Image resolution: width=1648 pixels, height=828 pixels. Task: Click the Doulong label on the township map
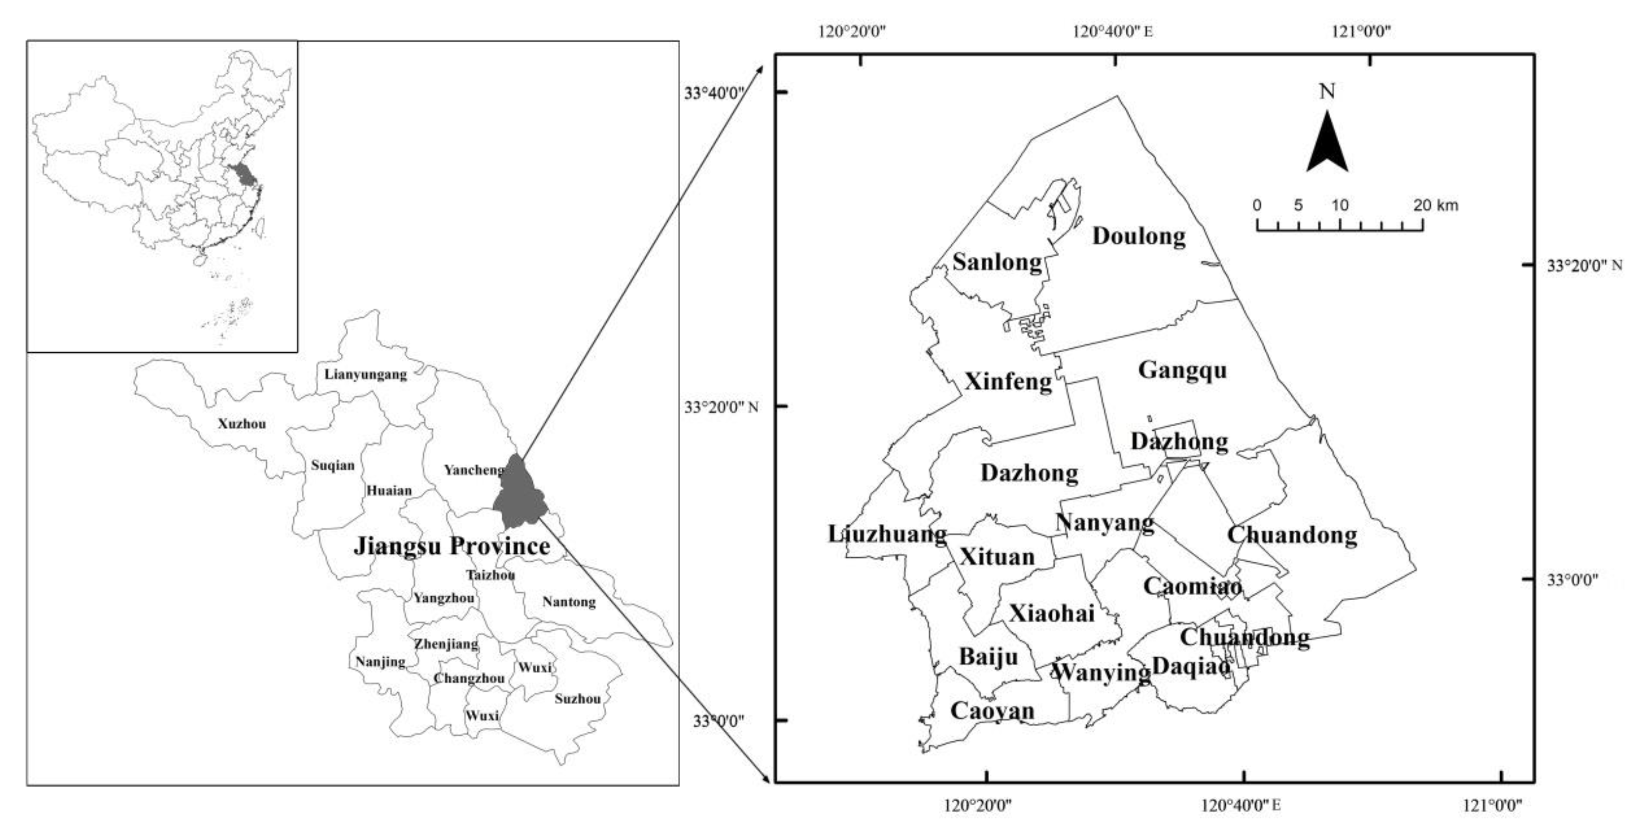1138,236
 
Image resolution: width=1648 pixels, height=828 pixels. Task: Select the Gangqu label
1182,370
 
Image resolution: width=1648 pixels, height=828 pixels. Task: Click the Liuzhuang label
887,534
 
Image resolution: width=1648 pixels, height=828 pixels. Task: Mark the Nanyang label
1105,523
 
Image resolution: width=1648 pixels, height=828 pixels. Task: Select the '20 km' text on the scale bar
1435,205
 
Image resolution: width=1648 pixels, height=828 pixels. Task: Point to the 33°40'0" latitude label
715,94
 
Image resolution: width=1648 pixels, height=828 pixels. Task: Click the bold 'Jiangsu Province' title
452,546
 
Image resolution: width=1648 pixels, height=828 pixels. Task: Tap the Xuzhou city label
242,424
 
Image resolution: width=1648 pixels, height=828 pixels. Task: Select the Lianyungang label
365,374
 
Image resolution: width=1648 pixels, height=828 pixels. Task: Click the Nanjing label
381,662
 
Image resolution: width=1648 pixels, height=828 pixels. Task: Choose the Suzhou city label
578,699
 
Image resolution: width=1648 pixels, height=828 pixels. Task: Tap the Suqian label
333,466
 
